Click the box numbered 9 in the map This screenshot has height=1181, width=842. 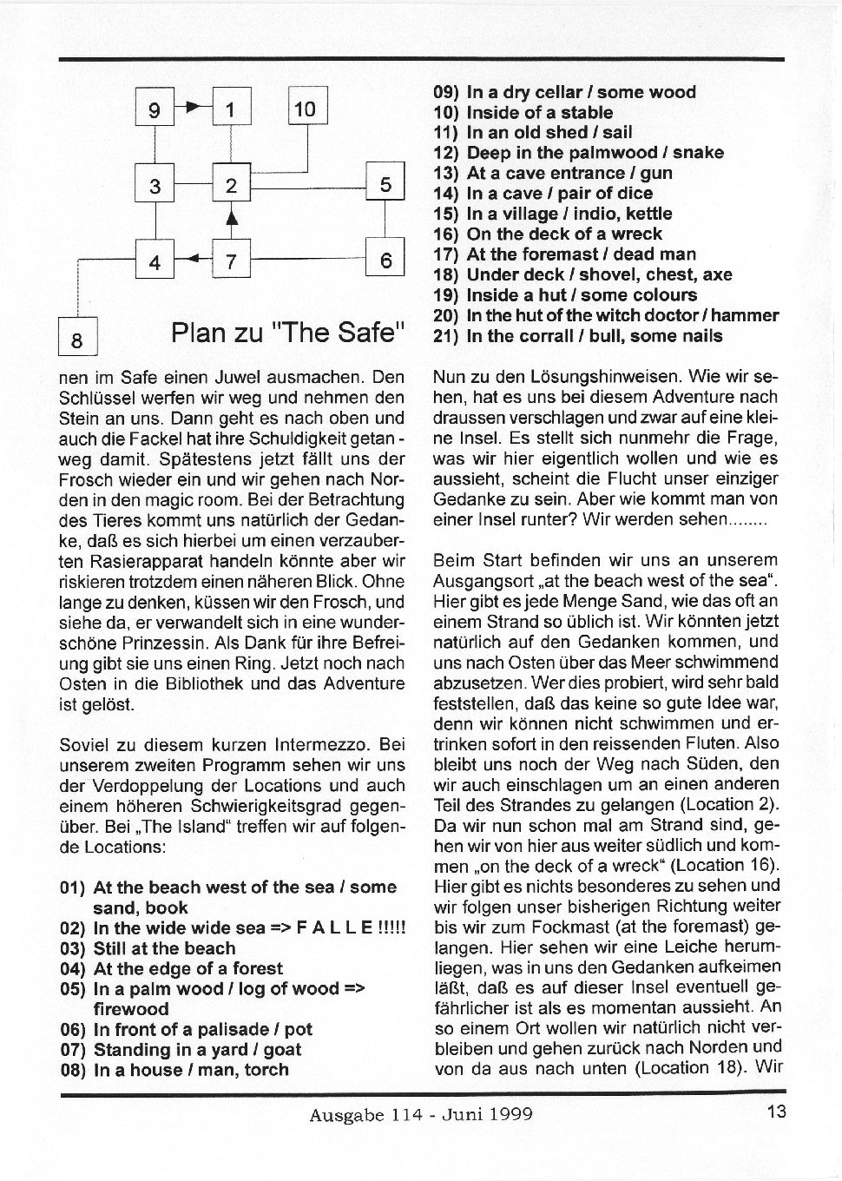(x=155, y=109)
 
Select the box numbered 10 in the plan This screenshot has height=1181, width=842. (x=306, y=109)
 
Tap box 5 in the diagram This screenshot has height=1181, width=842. (x=385, y=183)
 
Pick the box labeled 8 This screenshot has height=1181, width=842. (x=76, y=340)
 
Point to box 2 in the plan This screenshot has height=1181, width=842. (x=231, y=184)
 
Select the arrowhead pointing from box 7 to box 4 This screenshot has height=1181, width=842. (x=193, y=258)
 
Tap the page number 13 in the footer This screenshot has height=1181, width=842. (x=776, y=1111)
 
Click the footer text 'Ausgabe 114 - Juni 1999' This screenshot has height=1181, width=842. (x=421, y=1113)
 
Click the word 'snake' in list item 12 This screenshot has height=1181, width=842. (x=698, y=153)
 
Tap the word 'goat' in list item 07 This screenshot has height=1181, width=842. (x=281, y=1049)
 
